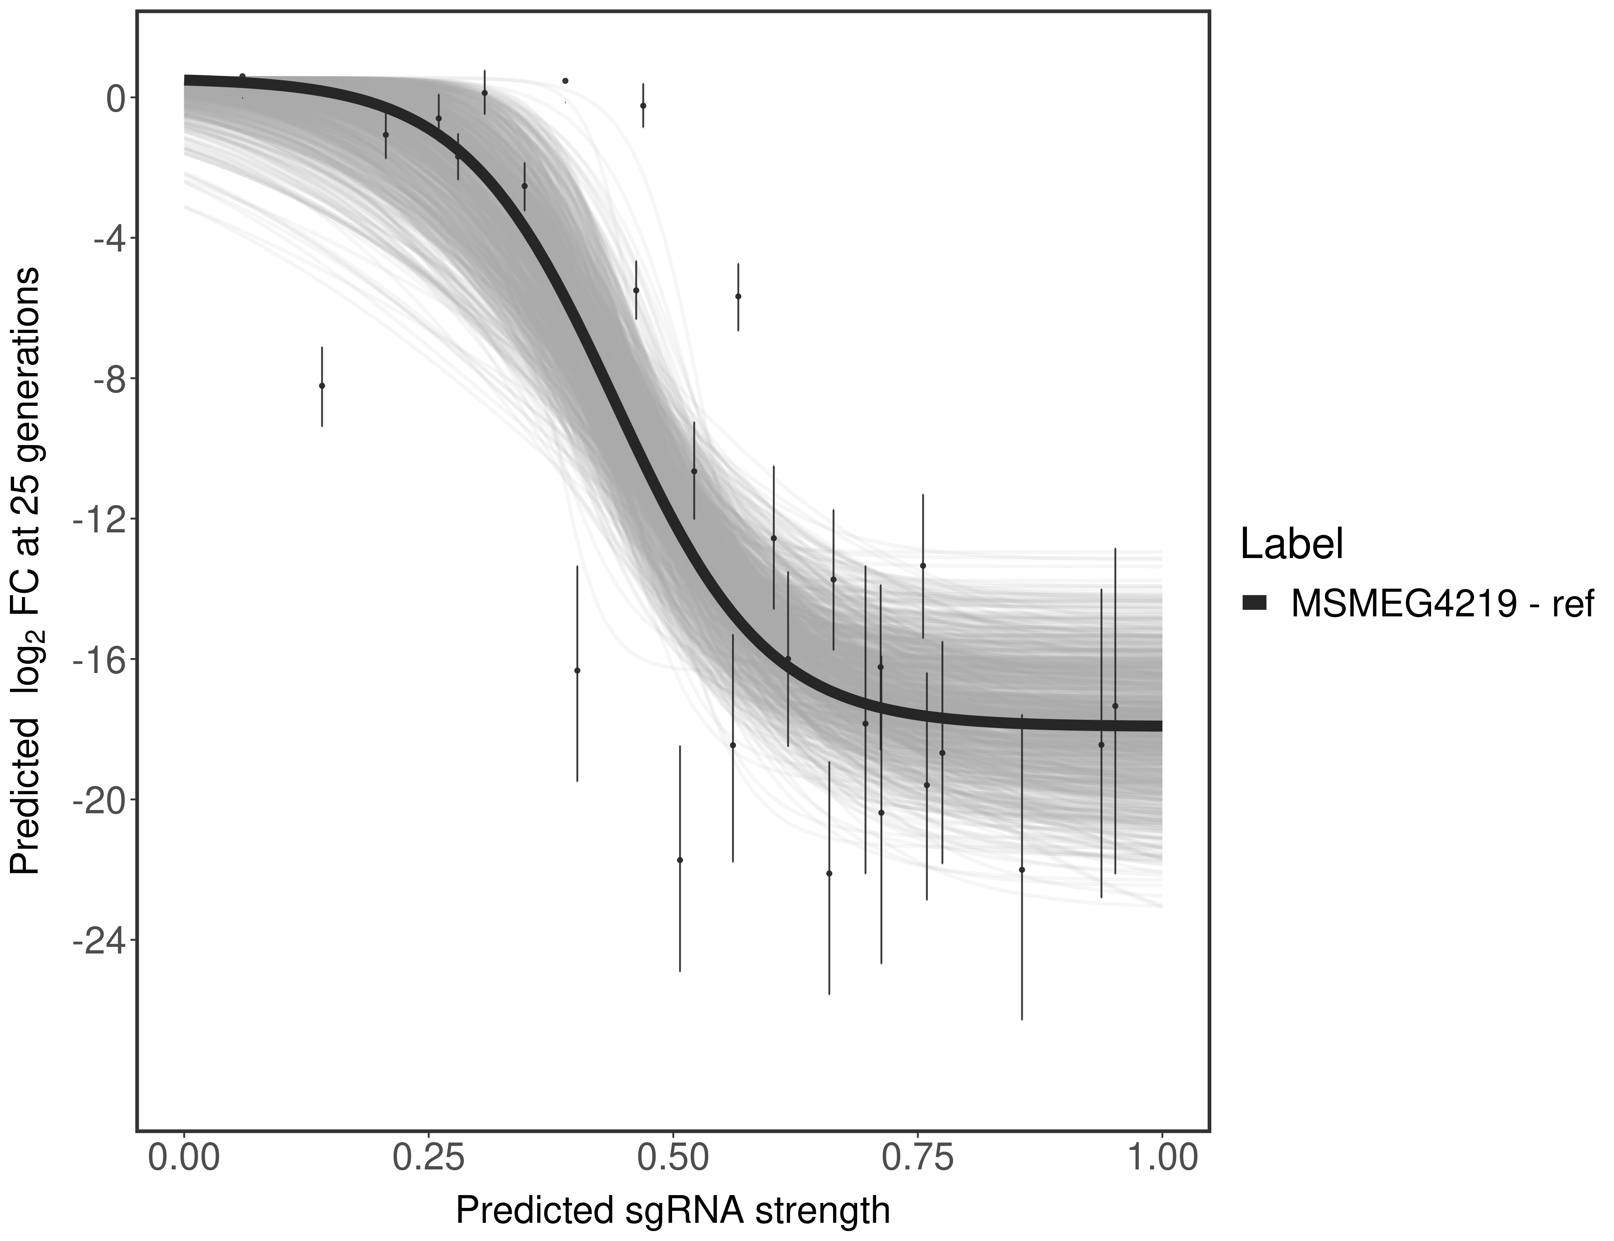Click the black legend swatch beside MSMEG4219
pos(1254,604)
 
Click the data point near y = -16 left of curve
pos(577,671)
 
